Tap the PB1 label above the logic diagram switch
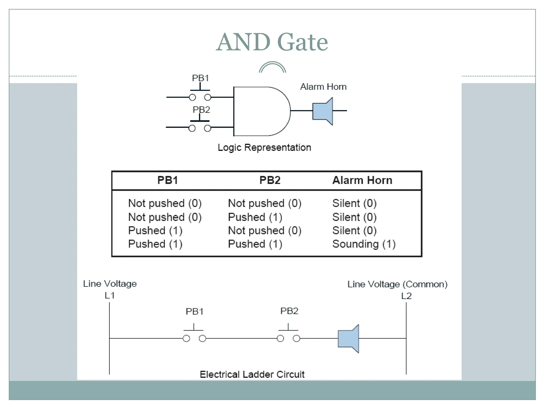(200, 78)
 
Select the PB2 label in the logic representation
(201, 110)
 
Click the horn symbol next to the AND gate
(323, 111)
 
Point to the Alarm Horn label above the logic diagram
(323, 87)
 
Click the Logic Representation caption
(264, 148)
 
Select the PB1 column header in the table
(167, 180)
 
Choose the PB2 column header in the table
(270, 180)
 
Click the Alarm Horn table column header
(362, 180)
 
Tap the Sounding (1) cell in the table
(364, 244)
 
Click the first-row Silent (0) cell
(354, 203)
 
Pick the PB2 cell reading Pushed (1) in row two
(255, 217)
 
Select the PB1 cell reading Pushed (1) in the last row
(155, 244)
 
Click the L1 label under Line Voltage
(110, 295)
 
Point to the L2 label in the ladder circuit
(406, 296)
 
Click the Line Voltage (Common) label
(397, 284)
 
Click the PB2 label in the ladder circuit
(289, 311)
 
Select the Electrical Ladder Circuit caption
(252, 374)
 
